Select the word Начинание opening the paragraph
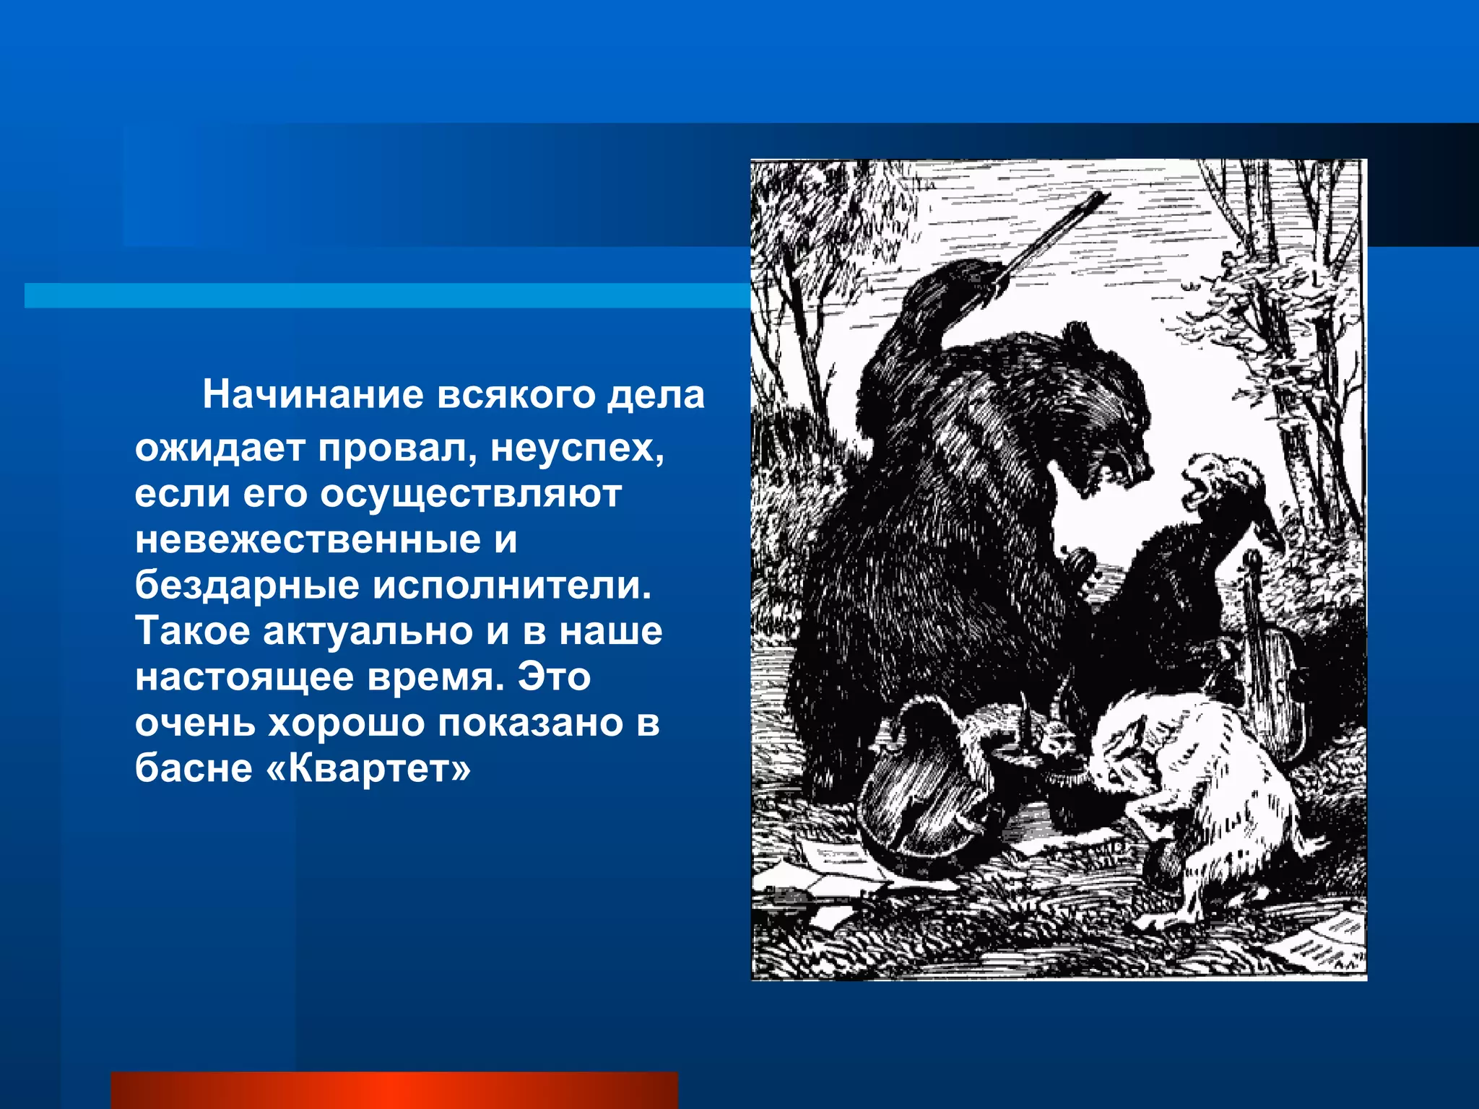pyautogui.click(x=313, y=395)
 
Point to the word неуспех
pyautogui.click(x=577, y=449)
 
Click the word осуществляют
pyautogui.click(x=471, y=495)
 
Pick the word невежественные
pyautogui.click(x=308, y=540)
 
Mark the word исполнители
pyautogui.click(x=512, y=586)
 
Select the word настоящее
pyautogui.click(x=244, y=677)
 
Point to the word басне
pyautogui.click(x=194, y=768)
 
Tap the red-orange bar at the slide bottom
pyautogui.click(x=394, y=1090)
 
